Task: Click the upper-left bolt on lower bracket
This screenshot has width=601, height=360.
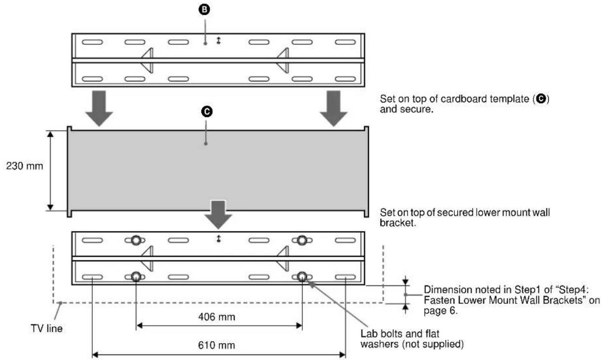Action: (136, 240)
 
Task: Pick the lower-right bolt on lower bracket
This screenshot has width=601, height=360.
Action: (302, 277)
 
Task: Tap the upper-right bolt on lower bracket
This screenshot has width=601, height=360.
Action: (302, 240)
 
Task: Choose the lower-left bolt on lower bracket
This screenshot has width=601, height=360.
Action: (136, 277)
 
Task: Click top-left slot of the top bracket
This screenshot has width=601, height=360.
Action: (92, 42)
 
